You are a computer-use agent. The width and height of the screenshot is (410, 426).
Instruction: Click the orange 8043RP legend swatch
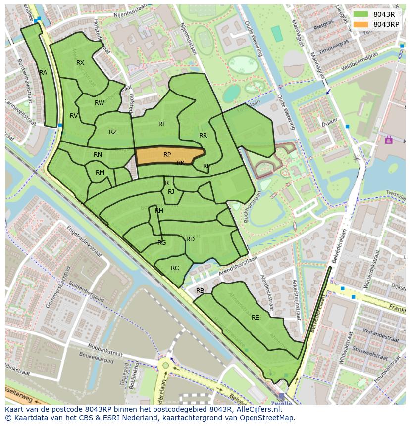click(x=361, y=24)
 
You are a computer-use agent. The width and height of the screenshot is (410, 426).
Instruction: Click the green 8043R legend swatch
click(x=361, y=14)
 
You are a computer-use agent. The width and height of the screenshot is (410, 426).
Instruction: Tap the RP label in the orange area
click(x=167, y=155)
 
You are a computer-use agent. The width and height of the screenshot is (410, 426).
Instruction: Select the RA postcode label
click(x=43, y=73)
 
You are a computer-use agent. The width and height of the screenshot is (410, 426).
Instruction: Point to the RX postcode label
click(x=80, y=63)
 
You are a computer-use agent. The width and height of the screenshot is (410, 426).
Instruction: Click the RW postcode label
click(x=100, y=103)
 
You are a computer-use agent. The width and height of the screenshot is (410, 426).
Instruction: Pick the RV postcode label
click(x=74, y=116)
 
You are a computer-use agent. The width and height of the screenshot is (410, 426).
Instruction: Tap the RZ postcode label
click(x=113, y=132)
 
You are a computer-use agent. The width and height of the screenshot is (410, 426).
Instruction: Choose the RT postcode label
click(x=162, y=124)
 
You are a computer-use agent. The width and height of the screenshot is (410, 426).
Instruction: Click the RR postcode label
click(x=203, y=136)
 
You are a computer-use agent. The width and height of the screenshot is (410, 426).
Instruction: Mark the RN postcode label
click(x=98, y=155)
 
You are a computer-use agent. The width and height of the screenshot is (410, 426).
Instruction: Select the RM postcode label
click(x=100, y=173)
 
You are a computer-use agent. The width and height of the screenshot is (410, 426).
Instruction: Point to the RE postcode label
click(x=256, y=318)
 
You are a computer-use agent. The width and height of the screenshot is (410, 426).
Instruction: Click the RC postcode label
click(x=175, y=268)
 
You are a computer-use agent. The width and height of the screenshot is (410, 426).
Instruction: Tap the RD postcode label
click(x=190, y=239)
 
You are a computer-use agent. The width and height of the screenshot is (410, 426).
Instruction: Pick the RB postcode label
click(x=200, y=291)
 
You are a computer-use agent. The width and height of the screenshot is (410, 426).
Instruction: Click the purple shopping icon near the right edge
click(x=389, y=140)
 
